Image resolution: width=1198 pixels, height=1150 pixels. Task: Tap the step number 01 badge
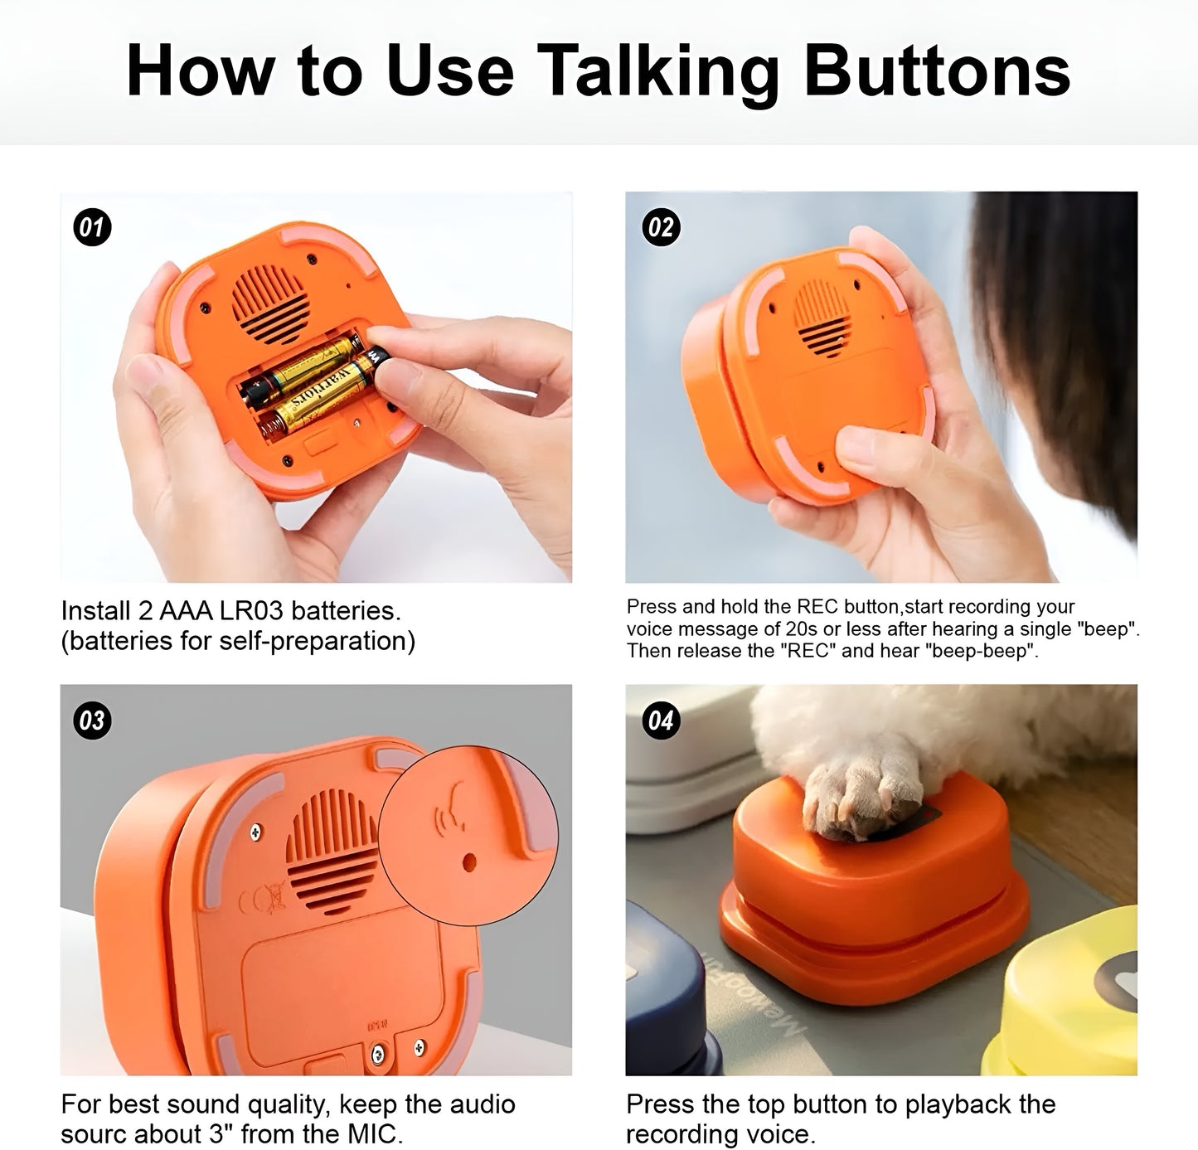[92, 227]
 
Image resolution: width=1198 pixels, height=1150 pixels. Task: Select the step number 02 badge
[661, 227]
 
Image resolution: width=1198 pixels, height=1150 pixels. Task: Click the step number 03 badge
[92, 720]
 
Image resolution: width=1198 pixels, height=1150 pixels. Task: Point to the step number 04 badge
[661, 720]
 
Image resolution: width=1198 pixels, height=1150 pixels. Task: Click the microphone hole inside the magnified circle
[469, 862]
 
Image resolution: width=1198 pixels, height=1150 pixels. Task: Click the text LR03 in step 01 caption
[243, 611]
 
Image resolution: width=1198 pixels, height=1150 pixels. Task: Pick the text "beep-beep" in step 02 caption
[994, 651]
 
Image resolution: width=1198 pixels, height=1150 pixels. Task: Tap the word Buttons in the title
[937, 72]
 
